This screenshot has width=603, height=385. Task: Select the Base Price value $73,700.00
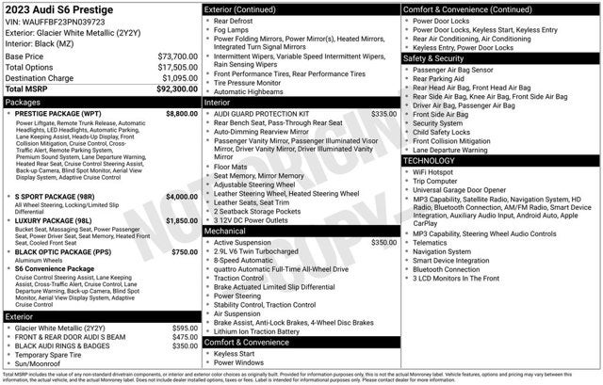[177, 56]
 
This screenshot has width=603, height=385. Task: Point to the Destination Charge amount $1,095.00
[179, 77]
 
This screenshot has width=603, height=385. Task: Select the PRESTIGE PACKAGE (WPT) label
[57, 113]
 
